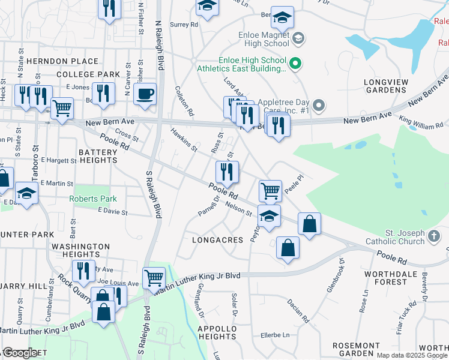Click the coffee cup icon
(x=145, y=94)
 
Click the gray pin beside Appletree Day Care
(x=319, y=106)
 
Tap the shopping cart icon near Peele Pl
(x=271, y=191)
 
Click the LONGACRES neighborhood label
(x=217, y=240)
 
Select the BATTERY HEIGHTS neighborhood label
(x=97, y=157)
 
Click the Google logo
(x=19, y=353)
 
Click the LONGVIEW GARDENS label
(x=390, y=86)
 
